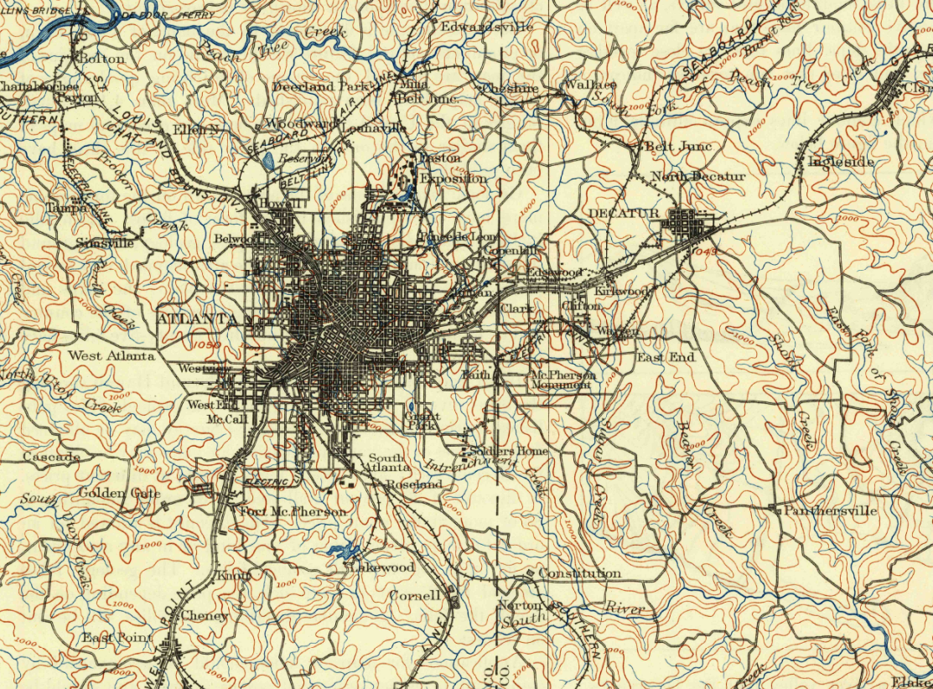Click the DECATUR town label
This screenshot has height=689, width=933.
pos(624,214)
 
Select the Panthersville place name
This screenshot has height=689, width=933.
pos(830,510)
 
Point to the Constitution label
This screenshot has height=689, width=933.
pos(579,573)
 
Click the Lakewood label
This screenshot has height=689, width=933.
pos(381,567)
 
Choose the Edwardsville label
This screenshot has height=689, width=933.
pos(487,26)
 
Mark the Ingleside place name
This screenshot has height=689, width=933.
pos(841,161)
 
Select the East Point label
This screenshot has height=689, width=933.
pos(117,638)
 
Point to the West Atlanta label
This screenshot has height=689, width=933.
pos(111,355)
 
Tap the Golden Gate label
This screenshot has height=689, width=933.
pos(120,493)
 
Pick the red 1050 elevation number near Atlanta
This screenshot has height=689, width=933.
pos(205,344)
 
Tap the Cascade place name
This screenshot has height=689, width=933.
pos(51,457)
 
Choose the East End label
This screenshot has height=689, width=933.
pos(666,357)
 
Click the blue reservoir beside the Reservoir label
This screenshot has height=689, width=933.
pos(267,161)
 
